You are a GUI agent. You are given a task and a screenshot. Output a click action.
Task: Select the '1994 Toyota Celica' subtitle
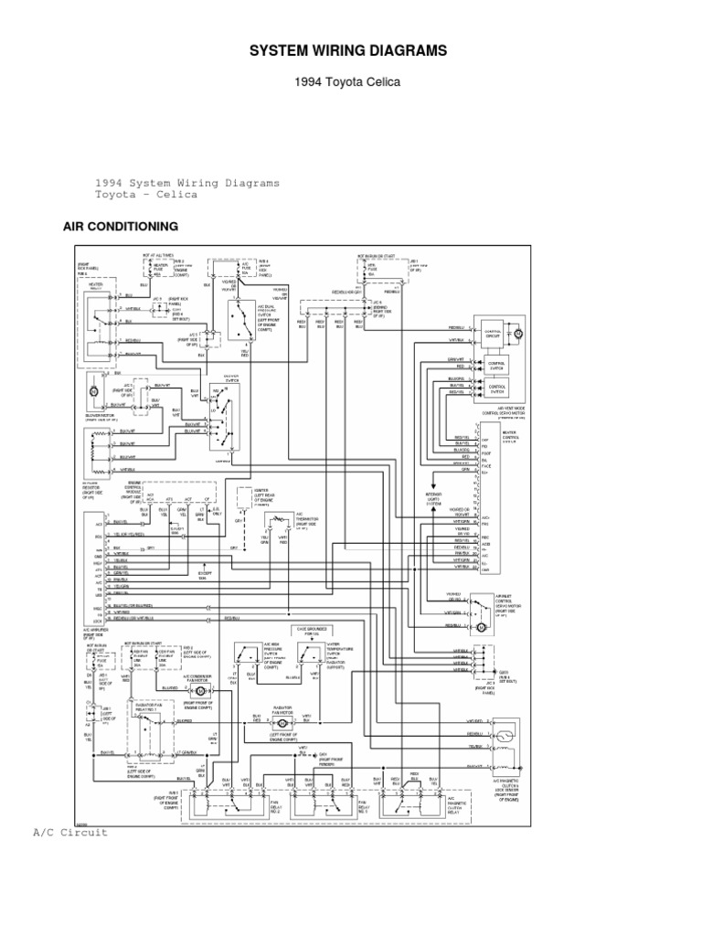[x=347, y=81]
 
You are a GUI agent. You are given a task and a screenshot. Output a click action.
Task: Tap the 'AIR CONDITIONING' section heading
[x=120, y=226]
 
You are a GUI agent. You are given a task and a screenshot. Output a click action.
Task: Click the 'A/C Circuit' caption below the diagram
[x=70, y=833]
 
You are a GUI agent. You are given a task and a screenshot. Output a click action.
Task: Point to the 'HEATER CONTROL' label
[x=510, y=436]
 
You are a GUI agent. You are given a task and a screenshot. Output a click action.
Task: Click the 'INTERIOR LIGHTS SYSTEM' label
[x=433, y=499]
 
